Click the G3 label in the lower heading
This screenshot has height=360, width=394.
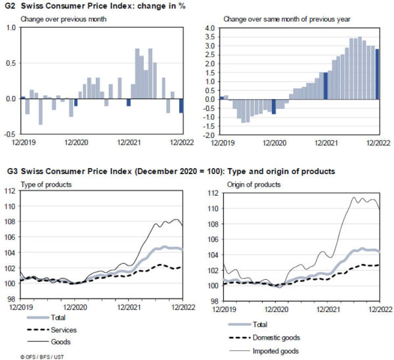pyautogui.click(x=11, y=171)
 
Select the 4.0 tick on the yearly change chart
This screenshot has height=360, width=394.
pyautogui.click(x=210, y=29)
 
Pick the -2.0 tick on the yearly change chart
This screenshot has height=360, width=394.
pyautogui.click(x=209, y=135)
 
